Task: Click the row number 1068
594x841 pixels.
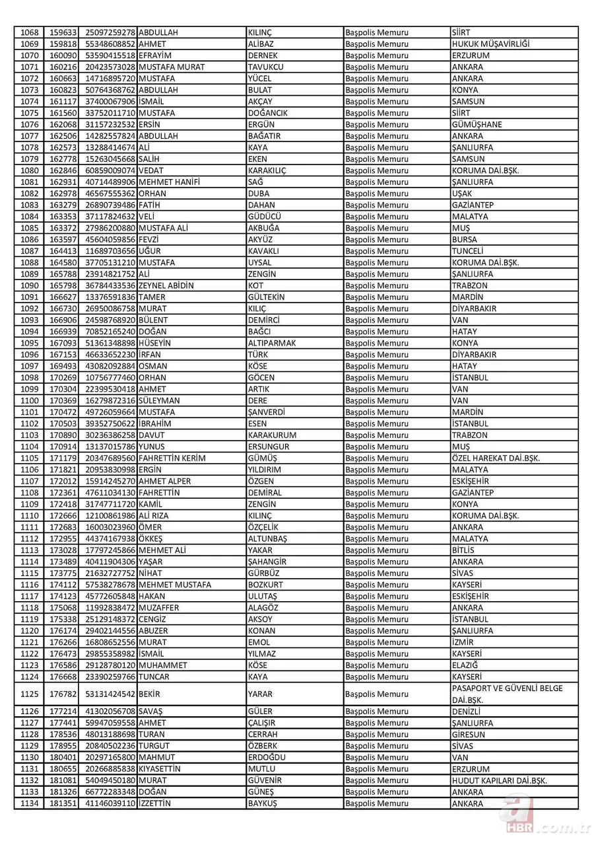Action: point(30,32)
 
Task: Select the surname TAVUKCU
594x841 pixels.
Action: point(266,67)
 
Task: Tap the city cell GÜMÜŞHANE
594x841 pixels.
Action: point(477,124)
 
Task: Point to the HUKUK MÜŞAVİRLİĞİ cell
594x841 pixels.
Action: point(490,44)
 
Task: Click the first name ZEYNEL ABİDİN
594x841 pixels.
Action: point(166,285)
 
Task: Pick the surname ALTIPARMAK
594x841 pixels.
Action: point(271,343)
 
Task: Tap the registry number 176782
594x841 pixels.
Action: point(63,694)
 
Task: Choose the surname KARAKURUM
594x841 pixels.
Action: point(272,435)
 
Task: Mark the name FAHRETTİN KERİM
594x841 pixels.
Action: point(172,458)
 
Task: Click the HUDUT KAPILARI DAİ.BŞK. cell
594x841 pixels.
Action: point(499,780)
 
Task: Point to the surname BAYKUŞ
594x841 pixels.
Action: point(262,803)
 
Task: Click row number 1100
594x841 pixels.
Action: point(30,400)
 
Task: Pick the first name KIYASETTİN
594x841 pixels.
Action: point(160,768)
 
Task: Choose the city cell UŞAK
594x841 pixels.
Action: point(463,194)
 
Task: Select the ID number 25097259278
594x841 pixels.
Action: point(110,32)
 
